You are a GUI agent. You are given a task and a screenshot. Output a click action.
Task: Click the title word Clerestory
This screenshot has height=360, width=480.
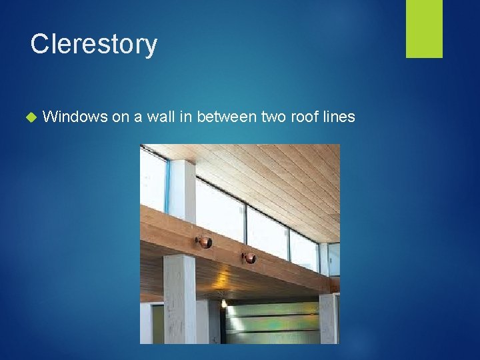tap(94, 44)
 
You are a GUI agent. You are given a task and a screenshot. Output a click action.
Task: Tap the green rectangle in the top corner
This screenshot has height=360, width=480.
tap(424, 29)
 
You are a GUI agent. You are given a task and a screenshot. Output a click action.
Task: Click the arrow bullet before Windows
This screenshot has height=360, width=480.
tap(29, 117)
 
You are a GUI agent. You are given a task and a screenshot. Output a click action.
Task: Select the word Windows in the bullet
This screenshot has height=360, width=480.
tap(74, 117)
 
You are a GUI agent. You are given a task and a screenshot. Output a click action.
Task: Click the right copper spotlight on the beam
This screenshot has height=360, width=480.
tap(249, 258)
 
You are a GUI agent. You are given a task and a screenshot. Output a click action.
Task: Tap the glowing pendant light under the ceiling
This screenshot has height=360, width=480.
tap(224, 303)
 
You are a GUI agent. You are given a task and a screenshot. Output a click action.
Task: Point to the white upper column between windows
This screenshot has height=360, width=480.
tap(182, 190)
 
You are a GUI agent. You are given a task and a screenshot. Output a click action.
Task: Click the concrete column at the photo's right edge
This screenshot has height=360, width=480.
tap(328, 318)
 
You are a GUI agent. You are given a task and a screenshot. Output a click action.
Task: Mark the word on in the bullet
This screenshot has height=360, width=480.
tap(120, 117)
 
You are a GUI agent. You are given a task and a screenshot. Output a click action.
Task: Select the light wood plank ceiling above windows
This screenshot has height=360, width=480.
tap(267, 180)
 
